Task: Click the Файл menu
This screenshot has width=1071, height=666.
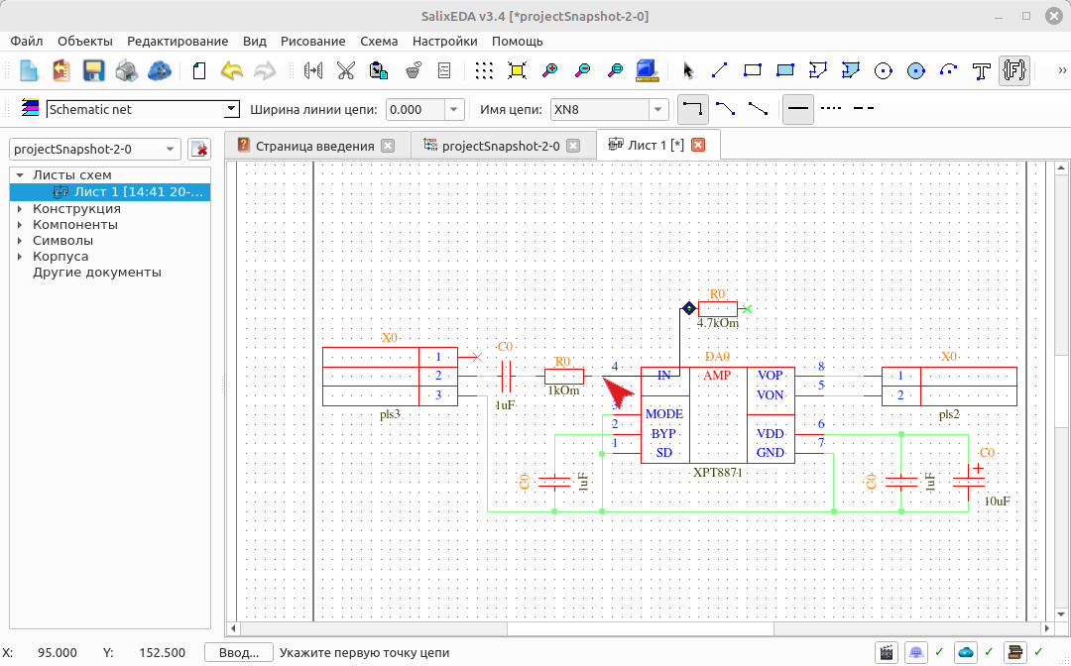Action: [27, 41]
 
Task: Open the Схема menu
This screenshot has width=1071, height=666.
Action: [379, 41]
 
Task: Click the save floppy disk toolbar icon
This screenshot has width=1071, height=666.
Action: [93, 70]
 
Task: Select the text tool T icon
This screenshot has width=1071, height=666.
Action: [982, 70]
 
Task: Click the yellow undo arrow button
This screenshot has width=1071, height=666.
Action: [232, 70]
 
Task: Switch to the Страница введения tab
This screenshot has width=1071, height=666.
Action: [315, 146]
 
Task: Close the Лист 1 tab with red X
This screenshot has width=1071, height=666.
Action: [698, 145]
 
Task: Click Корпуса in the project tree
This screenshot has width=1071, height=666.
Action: [60, 257]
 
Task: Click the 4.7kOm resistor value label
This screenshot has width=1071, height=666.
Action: [718, 323]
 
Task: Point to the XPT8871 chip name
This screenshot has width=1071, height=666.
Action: [717, 472]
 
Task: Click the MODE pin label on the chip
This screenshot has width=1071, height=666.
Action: [663, 413]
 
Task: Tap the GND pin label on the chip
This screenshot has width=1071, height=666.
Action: [770, 452]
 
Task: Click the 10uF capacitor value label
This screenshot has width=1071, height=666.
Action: [998, 501]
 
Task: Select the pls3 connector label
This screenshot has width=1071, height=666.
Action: [390, 414]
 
